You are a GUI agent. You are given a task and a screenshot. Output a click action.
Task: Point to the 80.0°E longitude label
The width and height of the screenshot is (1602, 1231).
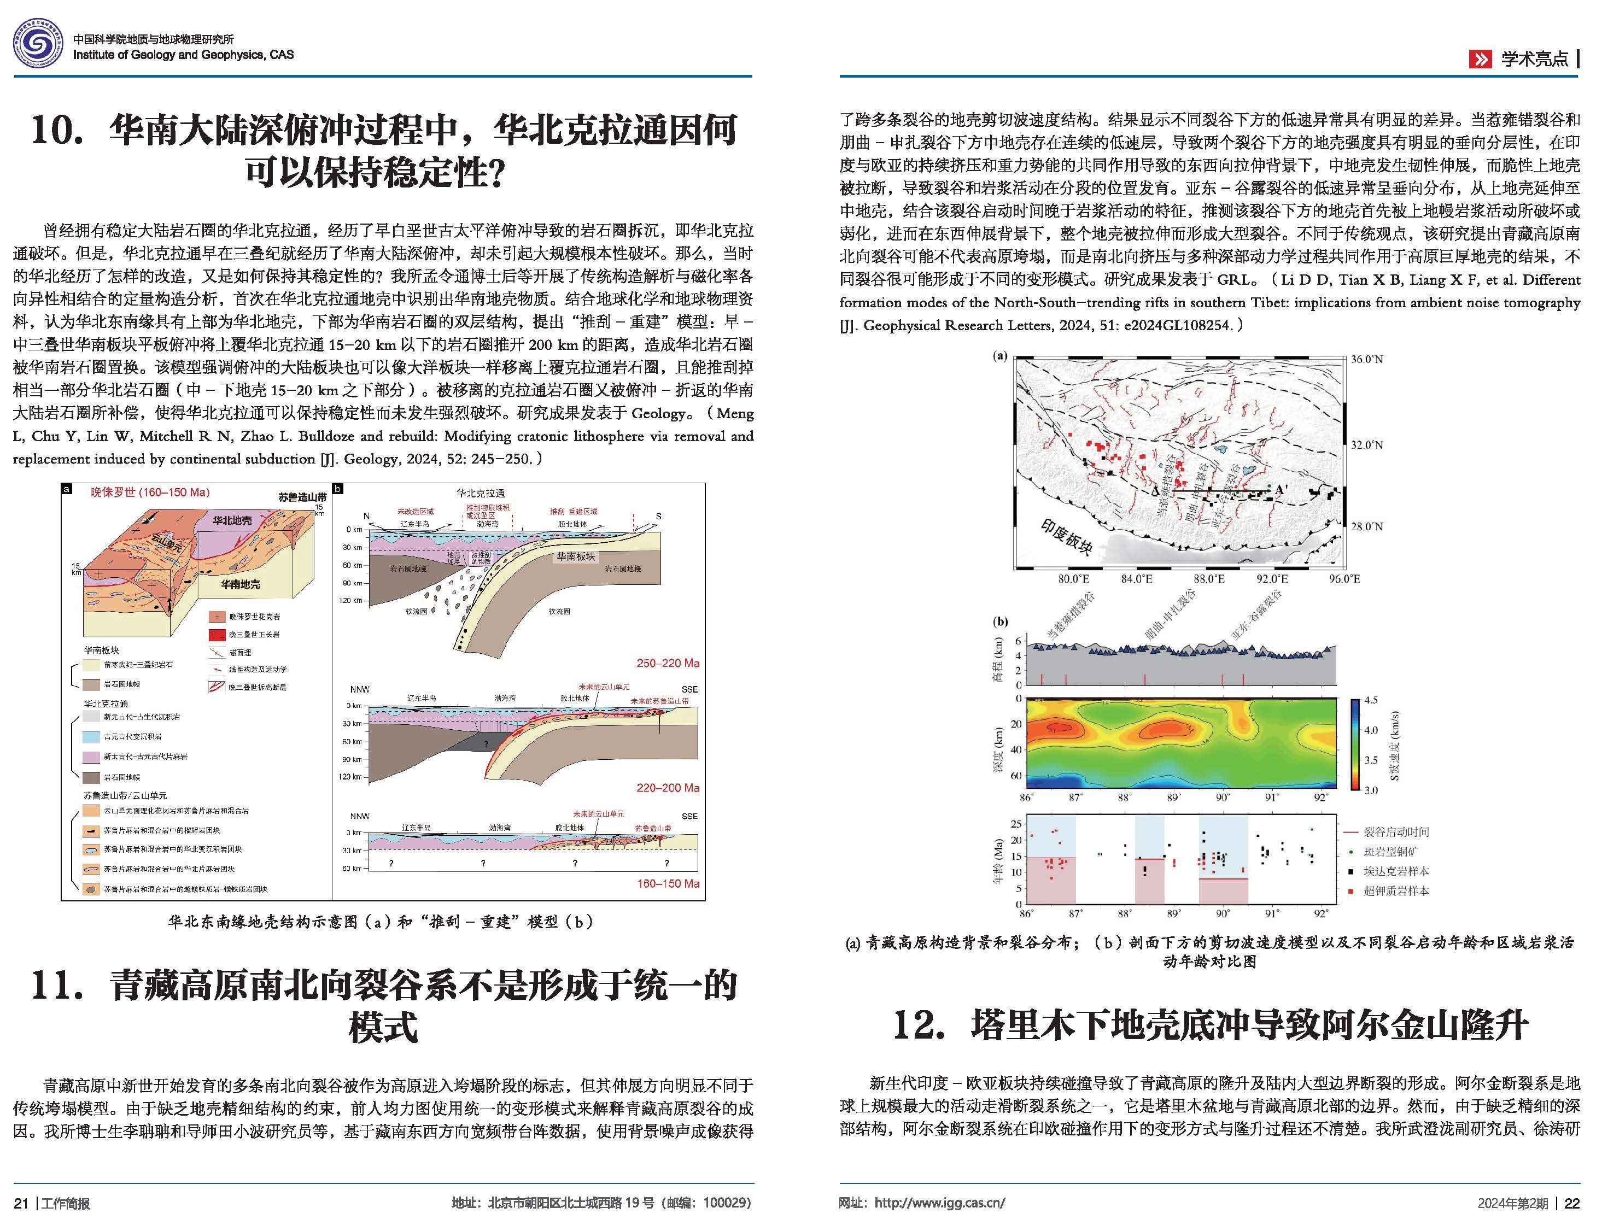click(x=1074, y=579)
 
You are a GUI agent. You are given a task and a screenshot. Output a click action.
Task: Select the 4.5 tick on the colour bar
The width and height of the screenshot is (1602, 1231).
click(x=1370, y=700)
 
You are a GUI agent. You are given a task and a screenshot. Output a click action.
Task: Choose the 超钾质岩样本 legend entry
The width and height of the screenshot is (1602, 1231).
click(x=1395, y=892)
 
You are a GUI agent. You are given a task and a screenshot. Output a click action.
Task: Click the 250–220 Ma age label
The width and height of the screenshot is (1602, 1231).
click(x=668, y=663)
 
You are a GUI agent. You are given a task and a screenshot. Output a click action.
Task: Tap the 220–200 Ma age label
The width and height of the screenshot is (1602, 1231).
click(x=668, y=788)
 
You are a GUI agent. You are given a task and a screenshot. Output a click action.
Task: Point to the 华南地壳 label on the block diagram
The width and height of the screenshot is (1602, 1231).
click(x=241, y=584)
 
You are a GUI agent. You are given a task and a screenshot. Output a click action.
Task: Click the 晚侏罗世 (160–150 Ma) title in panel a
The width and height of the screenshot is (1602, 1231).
click(x=150, y=493)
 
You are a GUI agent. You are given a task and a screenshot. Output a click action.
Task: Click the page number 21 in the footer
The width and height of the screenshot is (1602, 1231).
click(x=21, y=1204)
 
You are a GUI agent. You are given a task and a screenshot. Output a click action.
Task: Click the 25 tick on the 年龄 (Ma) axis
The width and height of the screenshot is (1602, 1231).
click(x=1016, y=824)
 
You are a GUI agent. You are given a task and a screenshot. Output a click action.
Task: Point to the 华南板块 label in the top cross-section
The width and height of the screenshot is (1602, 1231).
click(x=575, y=556)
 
